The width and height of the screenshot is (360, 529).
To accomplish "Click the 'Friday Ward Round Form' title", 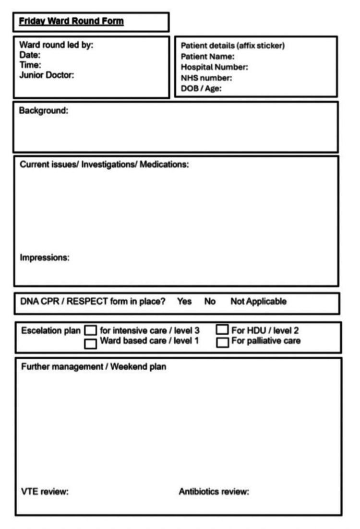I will [x=71, y=22].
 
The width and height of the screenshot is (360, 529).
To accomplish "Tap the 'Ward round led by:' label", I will [x=56, y=46].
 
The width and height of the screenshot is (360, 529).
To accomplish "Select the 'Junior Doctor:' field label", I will [x=46, y=75].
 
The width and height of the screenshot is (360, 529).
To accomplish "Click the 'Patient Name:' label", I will [x=207, y=56].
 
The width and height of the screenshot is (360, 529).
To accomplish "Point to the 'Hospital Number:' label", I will [x=214, y=67].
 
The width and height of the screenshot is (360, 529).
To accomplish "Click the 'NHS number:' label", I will [x=206, y=77].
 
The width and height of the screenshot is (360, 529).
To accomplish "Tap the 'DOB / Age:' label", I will [x=201, y=88].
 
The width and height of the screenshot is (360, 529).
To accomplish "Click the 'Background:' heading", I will [x=43, y=111].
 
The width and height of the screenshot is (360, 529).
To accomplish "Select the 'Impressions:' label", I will [x=45, y=258].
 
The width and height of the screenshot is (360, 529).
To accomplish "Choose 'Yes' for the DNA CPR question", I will [x=184, y=302].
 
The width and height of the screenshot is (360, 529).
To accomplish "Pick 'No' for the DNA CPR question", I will [x=210, y=302].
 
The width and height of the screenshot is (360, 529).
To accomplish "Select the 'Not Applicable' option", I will [x=258, y=302].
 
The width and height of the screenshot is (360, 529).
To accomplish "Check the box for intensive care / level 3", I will [x=90, y=331].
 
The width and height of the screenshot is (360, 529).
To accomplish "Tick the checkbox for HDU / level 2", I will [x=222, y=330].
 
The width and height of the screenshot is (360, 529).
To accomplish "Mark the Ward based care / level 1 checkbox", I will [x=90, y=343].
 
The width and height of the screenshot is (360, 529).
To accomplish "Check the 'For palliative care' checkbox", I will [x=222, y=342].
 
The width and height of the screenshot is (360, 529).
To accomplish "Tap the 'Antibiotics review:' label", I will [x=214, y=492].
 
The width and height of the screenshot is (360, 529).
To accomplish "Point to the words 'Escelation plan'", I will [x=51, y=331].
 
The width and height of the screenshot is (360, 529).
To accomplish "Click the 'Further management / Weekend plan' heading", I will [x=94, y=367].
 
